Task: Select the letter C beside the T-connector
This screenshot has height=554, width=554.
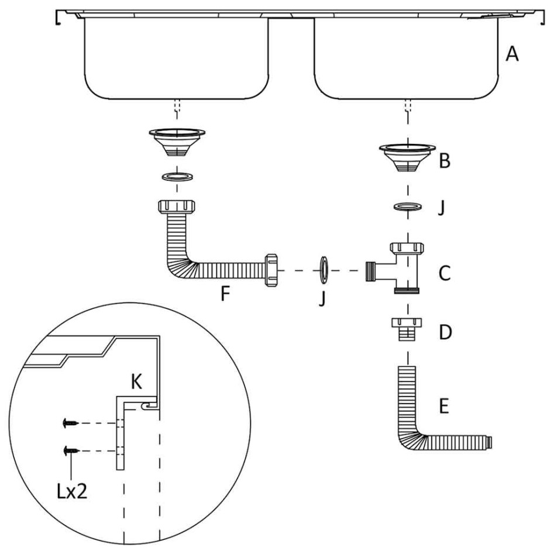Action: pyautogui.click(x=445, y=273)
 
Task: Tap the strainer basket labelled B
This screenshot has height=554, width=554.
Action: pyautogui.click(x=408, y=156)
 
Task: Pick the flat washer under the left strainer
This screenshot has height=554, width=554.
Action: pyautogui.click(x=176, y=176)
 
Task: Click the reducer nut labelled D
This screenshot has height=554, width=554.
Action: pyautogui.click(x=407, y=329)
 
